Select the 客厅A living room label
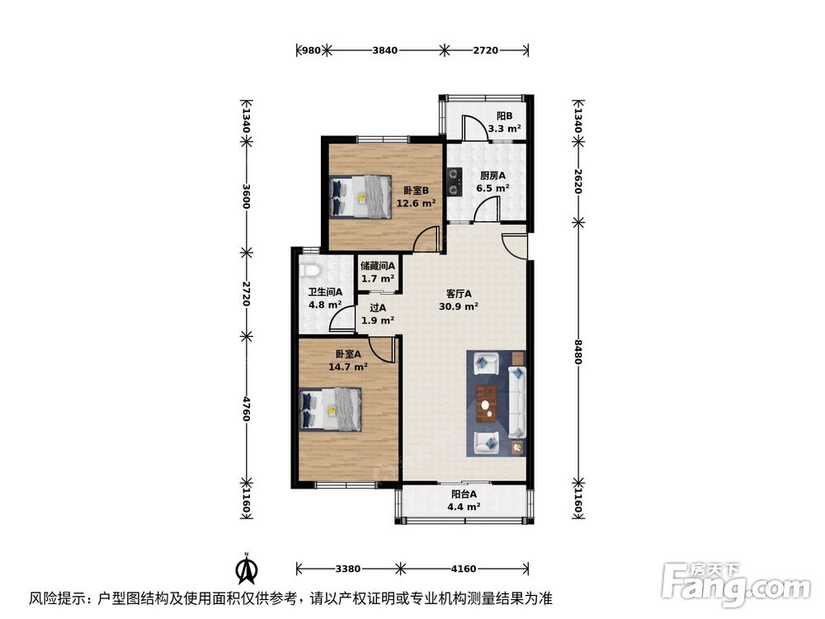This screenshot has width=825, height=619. click(459, 294)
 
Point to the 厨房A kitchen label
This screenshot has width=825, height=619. click(493, 175)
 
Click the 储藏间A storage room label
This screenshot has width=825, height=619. click(378, 266)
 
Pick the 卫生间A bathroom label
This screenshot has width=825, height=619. click(325, 292)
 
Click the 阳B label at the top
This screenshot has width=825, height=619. click(504, 116)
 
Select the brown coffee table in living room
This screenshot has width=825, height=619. click(488, 403)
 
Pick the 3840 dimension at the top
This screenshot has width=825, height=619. click(385, 50)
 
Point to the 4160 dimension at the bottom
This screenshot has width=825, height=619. click(464, 568)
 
